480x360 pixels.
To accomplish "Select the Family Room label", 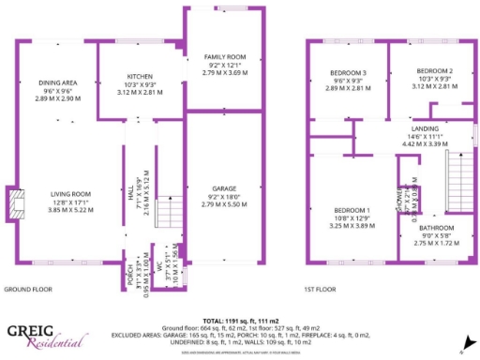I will click(224, 58).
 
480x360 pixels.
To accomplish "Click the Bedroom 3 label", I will click(347, 73).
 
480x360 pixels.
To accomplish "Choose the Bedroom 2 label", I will click(434, 71).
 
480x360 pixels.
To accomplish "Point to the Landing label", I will click(425, 129).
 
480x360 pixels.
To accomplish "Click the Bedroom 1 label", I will click(352, 210).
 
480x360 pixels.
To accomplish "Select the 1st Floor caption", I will click(321, 290).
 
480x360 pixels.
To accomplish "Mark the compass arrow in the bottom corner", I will click(466, 339).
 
